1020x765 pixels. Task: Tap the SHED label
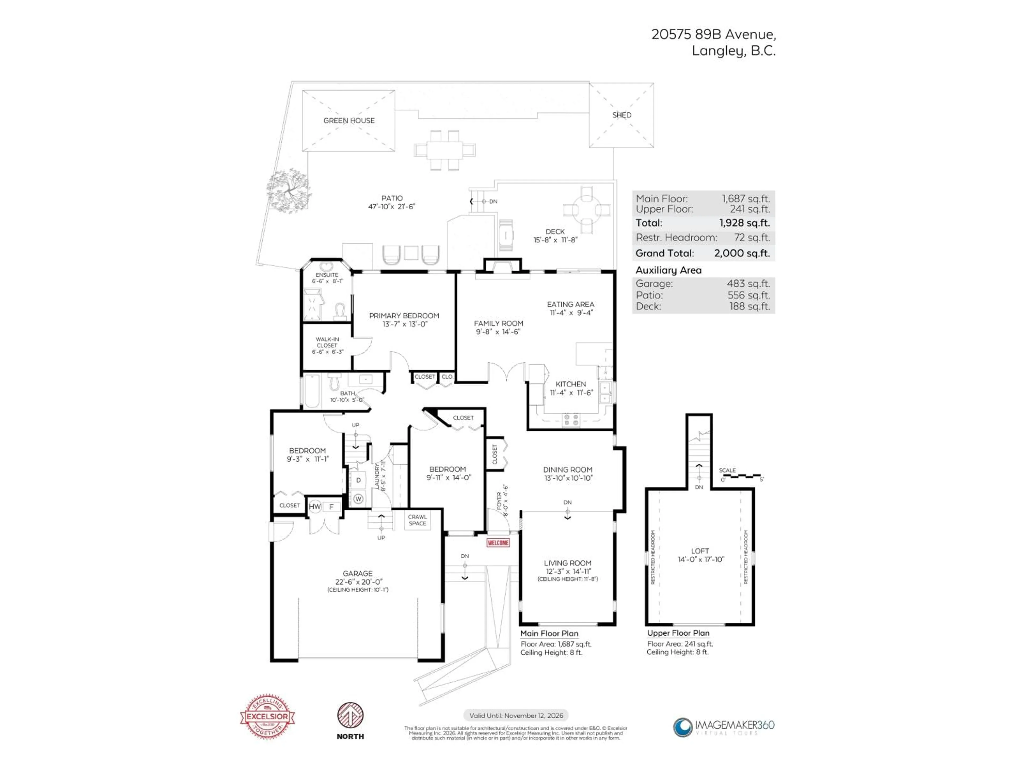pos(622,115)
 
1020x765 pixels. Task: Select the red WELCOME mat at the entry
pos(498,543)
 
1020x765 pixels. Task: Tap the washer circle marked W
pos(358,499)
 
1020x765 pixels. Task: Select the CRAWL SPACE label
pos(417,520)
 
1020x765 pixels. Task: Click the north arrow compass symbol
pos(350,716)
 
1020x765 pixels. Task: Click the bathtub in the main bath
pos(312,392)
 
